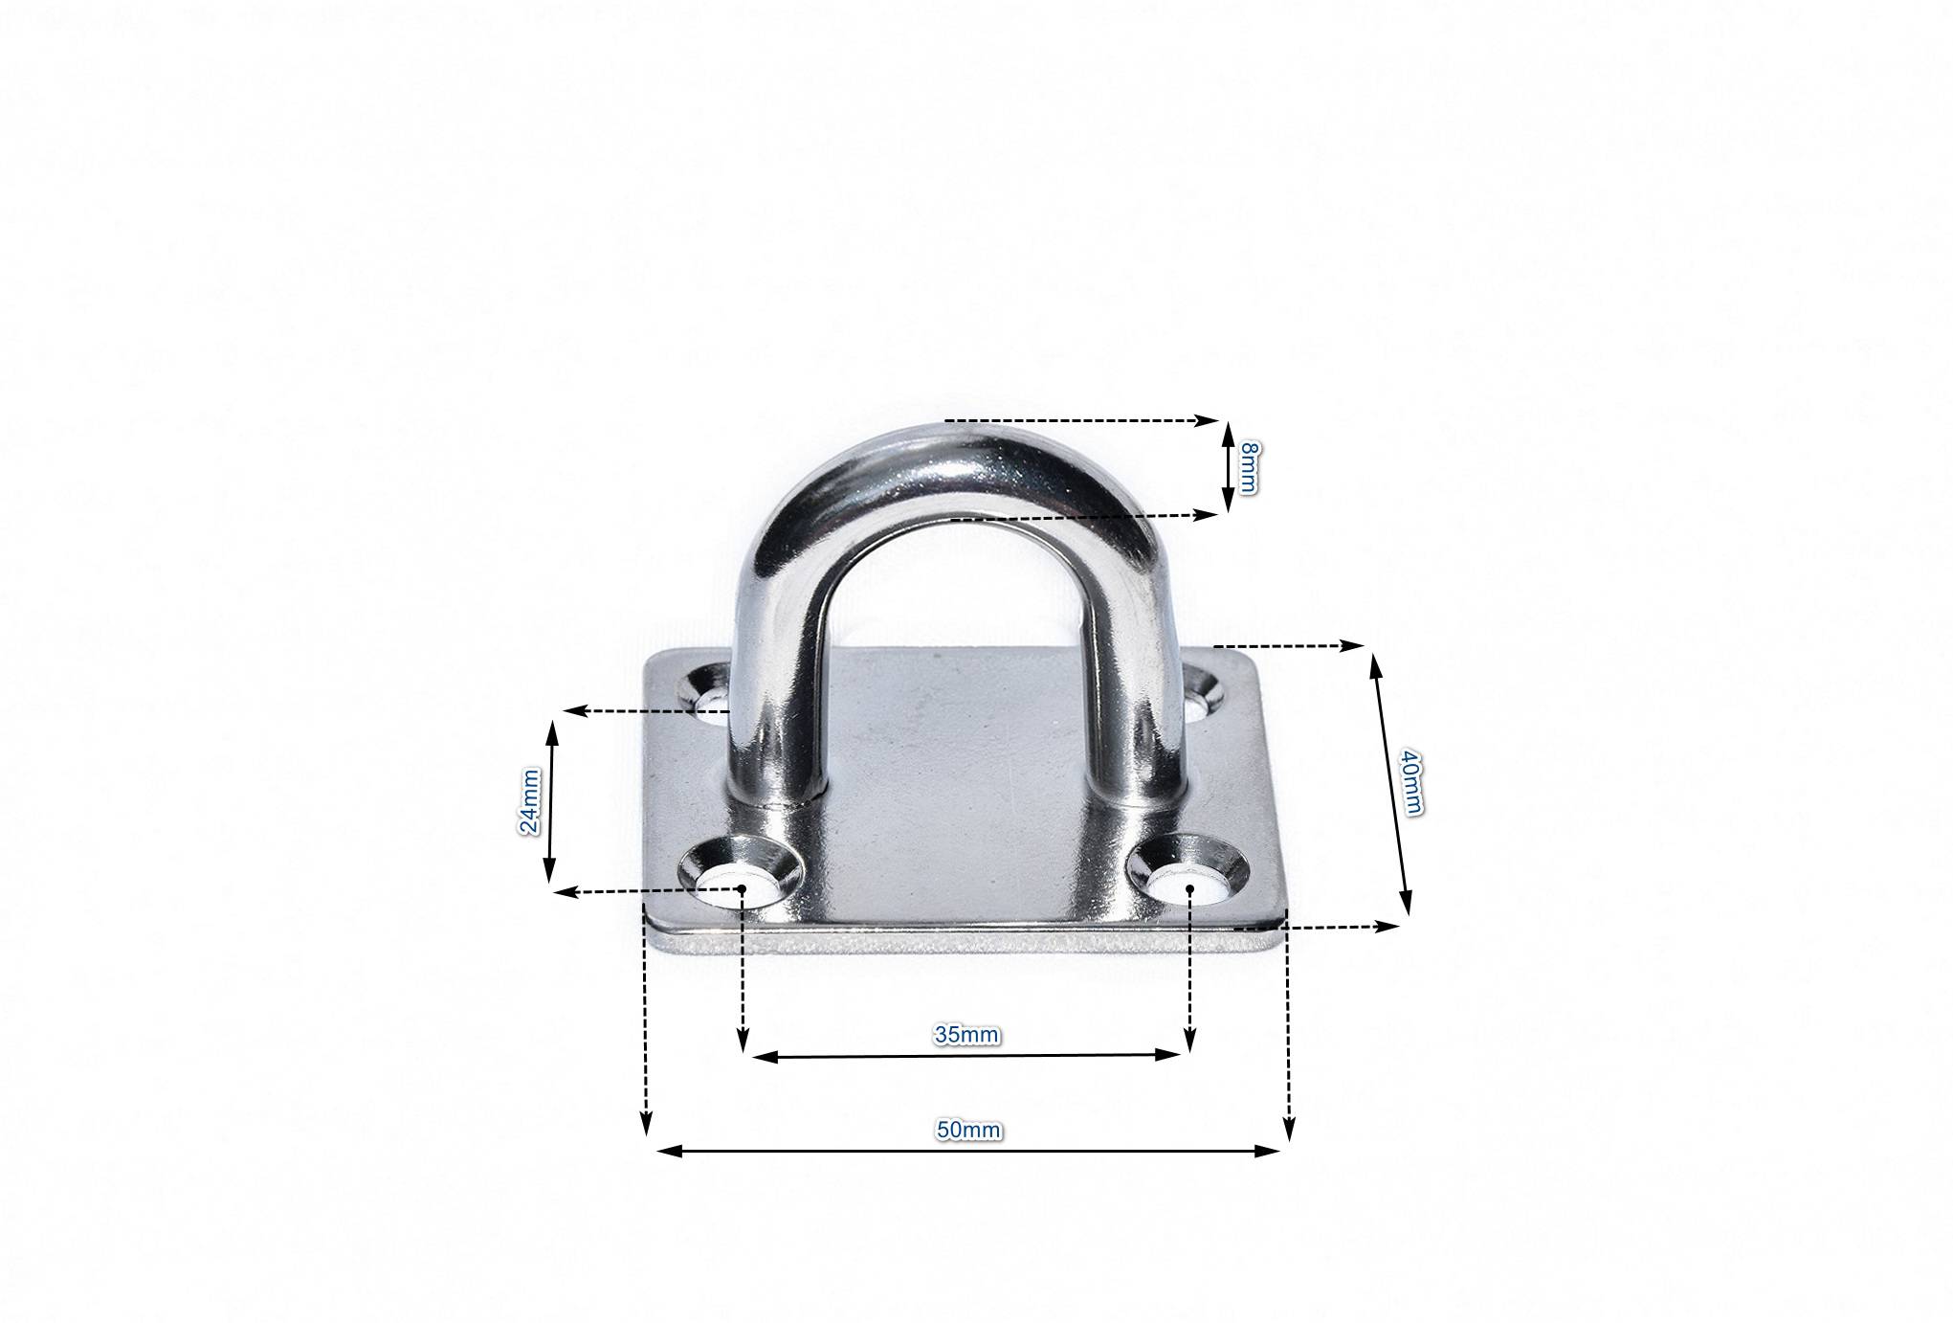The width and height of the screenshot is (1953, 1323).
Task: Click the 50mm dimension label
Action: coord(968,1131)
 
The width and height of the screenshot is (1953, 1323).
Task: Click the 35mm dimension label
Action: coord(966,1035)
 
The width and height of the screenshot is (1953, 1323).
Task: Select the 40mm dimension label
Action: coord(1409,781)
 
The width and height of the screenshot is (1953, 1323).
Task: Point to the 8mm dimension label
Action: coord(1247,468)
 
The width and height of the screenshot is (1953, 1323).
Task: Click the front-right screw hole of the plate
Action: coord(1189,871)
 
